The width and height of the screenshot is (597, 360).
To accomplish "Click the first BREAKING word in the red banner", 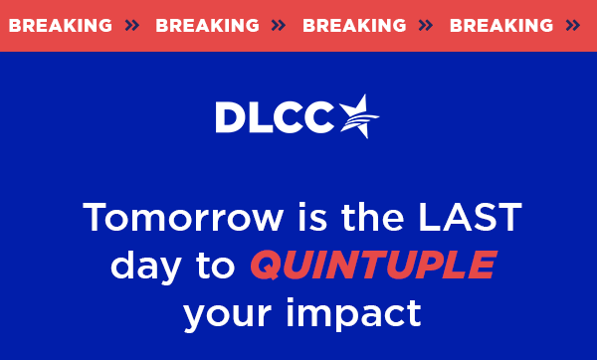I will tap(60, 26).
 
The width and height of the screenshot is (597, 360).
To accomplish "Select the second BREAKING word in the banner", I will tap(207, 26).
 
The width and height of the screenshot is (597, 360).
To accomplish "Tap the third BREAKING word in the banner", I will tap(354, 26).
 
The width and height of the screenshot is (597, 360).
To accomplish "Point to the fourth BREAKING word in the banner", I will tap(500, 26).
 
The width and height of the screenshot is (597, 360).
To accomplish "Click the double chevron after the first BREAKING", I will tap(132, 26).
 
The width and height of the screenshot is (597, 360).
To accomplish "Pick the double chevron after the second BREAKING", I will tap(280, 26).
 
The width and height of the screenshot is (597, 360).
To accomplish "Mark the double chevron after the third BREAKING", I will tap(426, 26).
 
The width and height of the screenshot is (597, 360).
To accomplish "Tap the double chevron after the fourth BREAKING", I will tap(572, 26).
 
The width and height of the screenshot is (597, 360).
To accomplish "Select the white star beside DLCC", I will tap(359, 116).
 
